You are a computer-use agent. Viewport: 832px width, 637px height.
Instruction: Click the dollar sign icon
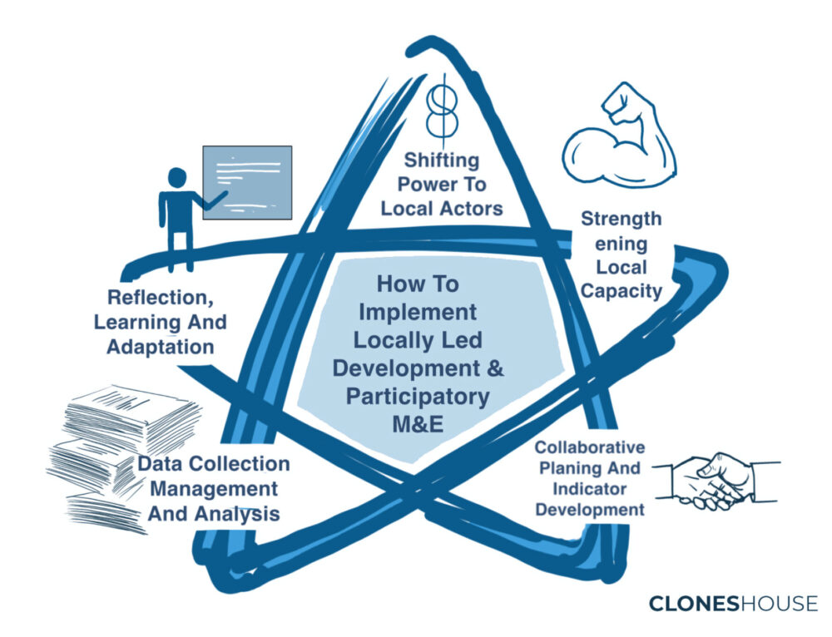click(443, 111)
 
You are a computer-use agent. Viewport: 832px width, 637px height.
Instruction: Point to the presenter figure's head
click(177, 178)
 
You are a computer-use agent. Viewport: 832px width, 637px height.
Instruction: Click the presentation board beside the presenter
click(247, 182)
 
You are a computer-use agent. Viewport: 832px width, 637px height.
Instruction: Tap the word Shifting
click(442, 160)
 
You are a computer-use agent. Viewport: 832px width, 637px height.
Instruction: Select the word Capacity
click(622, 291)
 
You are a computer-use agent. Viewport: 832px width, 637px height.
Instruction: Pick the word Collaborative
click(590, 447)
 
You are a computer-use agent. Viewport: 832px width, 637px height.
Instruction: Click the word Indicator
click(590, 488)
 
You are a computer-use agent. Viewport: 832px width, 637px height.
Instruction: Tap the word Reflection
click(161, 298)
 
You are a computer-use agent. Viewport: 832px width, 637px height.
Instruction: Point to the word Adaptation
click(161, 347)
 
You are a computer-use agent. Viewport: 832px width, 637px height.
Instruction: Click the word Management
click(214, 489)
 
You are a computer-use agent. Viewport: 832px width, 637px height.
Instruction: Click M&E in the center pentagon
click(418, 424)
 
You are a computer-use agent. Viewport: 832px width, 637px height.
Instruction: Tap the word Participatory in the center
click(418, 397)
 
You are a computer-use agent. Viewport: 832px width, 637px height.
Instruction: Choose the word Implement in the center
click(418, 313)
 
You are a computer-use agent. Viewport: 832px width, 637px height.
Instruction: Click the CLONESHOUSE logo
click(733, 604)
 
